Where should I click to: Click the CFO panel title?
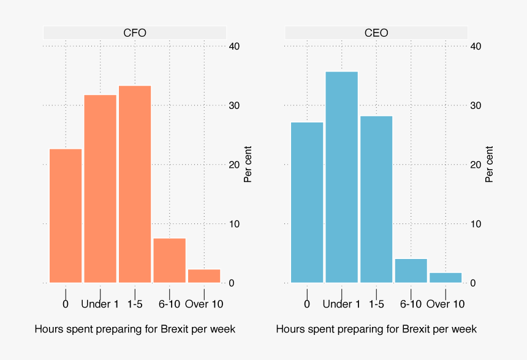point(135,33)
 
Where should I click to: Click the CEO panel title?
point(376,33)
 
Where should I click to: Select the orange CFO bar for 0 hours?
point(66,216)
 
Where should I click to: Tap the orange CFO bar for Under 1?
point(100,189)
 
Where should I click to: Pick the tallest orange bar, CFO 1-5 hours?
point(135,184)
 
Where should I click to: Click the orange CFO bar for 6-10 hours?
point(169,260)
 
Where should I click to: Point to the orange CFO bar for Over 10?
point(204,276)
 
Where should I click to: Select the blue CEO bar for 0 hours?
point(307,202)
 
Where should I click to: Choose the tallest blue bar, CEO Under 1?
point(341,177)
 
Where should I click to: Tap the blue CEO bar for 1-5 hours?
point(376,199)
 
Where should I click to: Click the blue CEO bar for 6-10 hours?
point(411,271)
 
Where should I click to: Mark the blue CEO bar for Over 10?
point(445,277)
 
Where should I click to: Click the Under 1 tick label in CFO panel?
point(100,304)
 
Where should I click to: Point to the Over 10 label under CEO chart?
point(445,304)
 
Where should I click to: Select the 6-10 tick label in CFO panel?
point(169,304)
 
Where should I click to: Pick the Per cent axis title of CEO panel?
point(489,164)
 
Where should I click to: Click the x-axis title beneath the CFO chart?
point(135,329)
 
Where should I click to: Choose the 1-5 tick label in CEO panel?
point(376,304)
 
